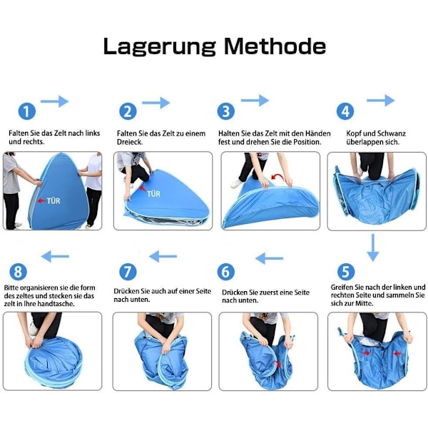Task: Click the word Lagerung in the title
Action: (160, 47)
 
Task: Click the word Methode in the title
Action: (275, 46)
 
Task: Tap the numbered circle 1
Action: (27, 111)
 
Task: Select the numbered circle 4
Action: (345, 111)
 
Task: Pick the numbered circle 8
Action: (19, 272)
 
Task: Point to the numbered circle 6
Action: (225, 272)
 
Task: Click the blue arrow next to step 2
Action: (156, 103)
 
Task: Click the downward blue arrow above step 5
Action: (373, 248)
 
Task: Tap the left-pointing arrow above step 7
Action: (163, 256)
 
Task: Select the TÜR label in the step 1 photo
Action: (53, 201)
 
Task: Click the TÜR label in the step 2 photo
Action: (153, 194)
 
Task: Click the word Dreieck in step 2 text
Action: (129, 142)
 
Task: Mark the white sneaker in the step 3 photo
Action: (237, 183)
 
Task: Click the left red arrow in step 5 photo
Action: (366, 353)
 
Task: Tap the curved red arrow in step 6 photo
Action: (277, 364)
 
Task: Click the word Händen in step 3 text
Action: (317, 133)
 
